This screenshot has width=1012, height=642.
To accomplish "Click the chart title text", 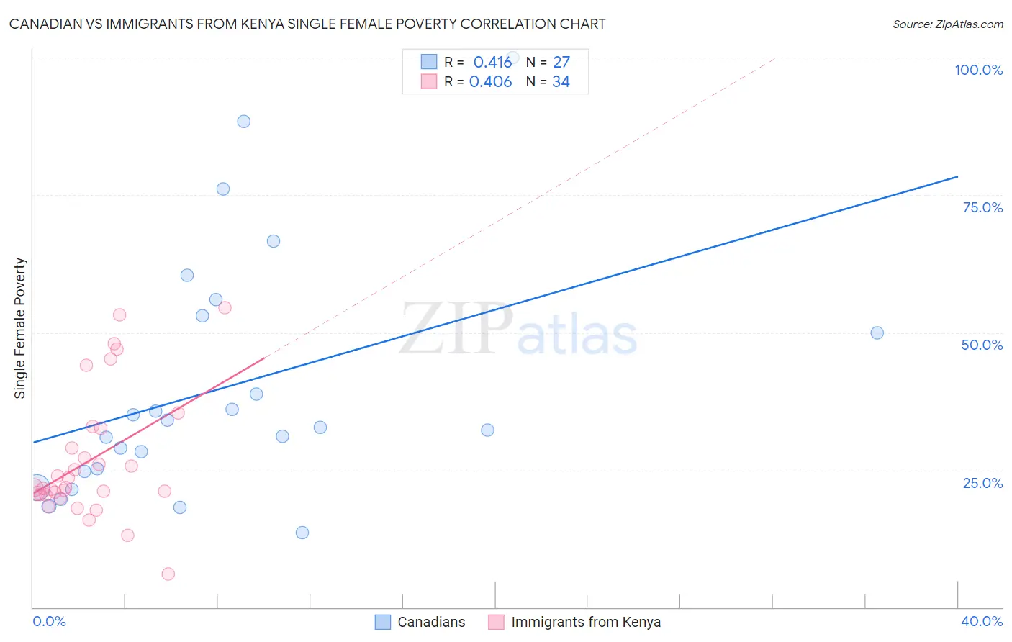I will [x=307, y=24].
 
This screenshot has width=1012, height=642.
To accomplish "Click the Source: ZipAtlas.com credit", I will [x=947, y=24].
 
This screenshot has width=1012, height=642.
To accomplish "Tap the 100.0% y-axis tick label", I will [x=978, y=70].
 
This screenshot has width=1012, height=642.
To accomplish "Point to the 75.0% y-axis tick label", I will [x=982, y=207].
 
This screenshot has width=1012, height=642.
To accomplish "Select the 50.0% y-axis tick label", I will [x=982, y=345].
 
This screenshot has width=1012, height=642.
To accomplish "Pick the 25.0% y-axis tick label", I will [x=982, y=482].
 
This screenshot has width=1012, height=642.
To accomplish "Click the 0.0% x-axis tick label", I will [x=49, y=621].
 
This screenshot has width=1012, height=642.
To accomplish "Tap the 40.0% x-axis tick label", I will [x=981, y=621].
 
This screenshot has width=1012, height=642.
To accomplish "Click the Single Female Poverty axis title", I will [x=20, y=328].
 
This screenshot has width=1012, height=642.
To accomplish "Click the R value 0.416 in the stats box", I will [x=492, y=63].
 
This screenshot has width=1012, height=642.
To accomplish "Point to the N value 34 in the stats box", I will [x=561, y=82].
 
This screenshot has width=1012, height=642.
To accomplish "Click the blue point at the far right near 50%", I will [x=877, y=333].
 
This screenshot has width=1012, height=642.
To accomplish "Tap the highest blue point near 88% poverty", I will [x=244, y=121].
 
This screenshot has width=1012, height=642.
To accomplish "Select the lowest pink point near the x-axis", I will [x=168, y=574].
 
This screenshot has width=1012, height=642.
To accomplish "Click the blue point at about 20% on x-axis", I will [x=487, y=430].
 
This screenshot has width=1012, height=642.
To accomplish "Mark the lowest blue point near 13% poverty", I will [x=302, y=533].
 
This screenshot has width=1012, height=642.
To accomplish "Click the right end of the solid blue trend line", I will [x=957, y=176].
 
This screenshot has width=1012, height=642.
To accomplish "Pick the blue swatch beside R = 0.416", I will [x=429, y=62].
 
